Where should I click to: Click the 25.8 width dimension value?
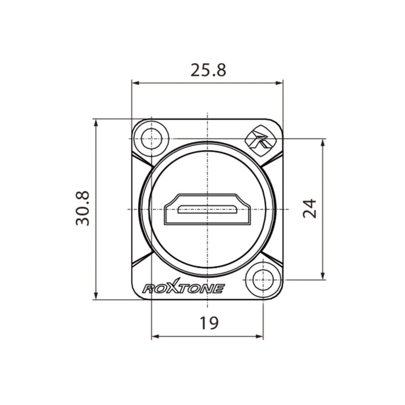pyautogui.click(x=208, y=70)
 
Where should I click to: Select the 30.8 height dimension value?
pyautogui.click(x=83, y=208)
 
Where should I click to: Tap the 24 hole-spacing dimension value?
pyautogui.click(x=309, y=209)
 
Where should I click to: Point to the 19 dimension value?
pyautogui.click(x=209, y=323)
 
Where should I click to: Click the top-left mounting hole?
pyautogui.click(x=151, y=139)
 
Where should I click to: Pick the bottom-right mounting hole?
pyautogui.click(x=263, y=280)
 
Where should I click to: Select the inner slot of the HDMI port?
pyautogui.click(x=208, y=209)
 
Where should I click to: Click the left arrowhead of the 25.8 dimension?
pyautogui.click(x=135, y=83)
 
